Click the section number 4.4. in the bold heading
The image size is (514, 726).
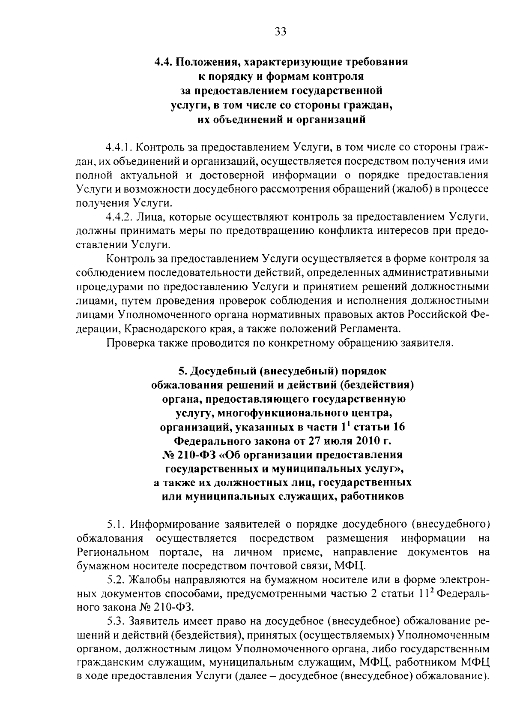(163, 62)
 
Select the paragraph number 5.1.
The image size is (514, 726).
(116, 524)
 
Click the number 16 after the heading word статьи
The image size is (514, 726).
(398, 427)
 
